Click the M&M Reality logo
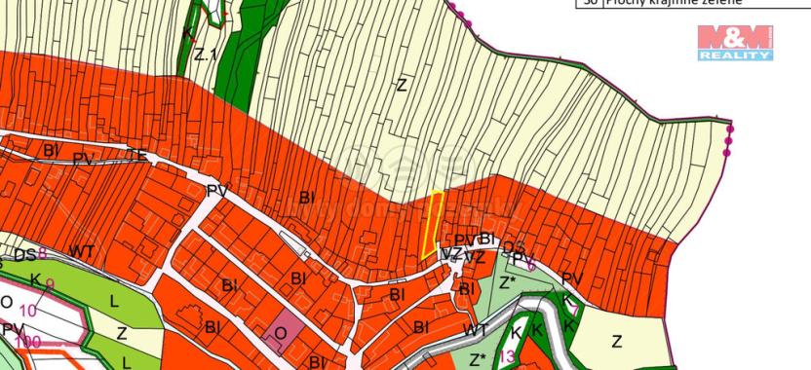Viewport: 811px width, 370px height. (x=735, y=44)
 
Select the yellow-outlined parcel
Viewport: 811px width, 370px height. (x=431, y=224)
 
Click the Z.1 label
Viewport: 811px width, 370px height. (x=204, y=55)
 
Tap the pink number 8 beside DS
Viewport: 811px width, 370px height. (x=42, y=252)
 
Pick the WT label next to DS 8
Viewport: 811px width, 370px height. (x=82, y=252)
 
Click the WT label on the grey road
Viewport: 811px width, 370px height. (x=475, y=331)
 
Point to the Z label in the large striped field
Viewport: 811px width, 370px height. (x=401, y=85)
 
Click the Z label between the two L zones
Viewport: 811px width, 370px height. (x=121, y=332)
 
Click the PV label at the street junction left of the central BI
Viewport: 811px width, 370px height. (x=216, y=191)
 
